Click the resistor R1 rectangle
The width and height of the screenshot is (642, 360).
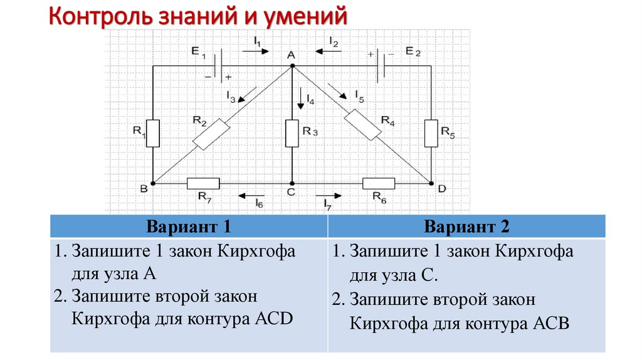[x=153, y=132]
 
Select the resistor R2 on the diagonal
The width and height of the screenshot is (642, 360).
[x=212, y=134]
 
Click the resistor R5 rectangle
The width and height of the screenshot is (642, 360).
[x=431, y=132]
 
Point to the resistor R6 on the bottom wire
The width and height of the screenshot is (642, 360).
[x=379, y=183]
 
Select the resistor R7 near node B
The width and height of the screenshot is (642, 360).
[x=203, y=183]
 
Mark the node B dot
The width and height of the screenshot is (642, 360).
[x=153, y=183]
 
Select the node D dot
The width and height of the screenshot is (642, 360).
[x=431, y=183]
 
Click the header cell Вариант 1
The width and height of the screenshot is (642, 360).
[x=189, y=226]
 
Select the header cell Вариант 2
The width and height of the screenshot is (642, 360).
[x=466, y=226]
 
